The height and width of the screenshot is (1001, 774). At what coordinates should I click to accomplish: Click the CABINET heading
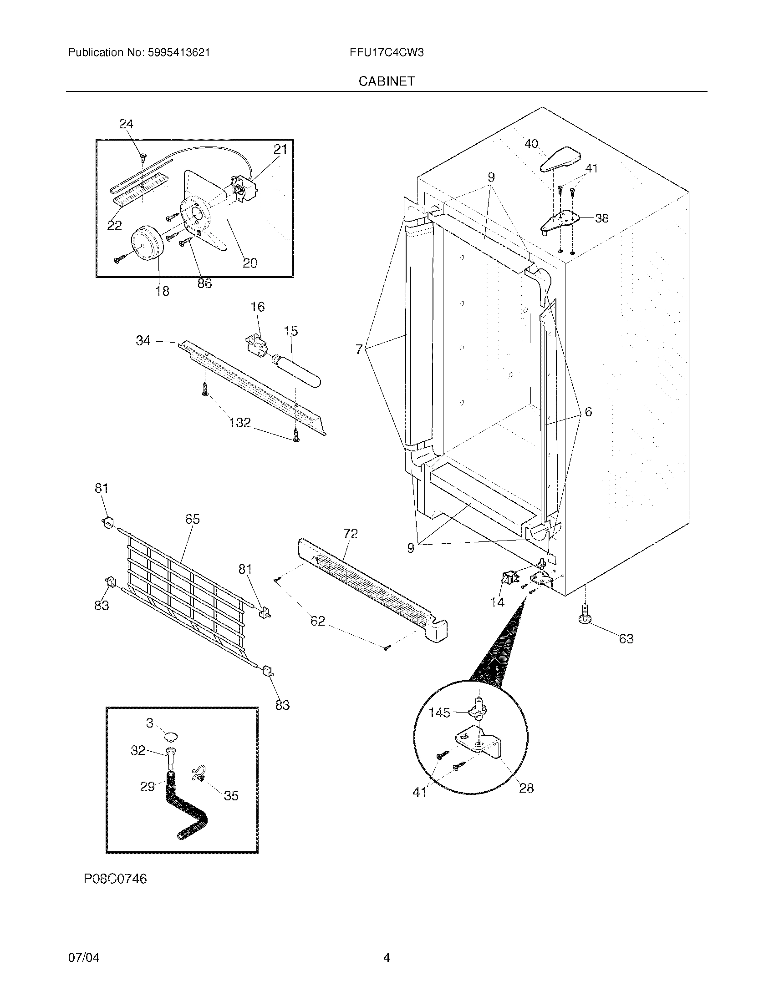click(386, 81)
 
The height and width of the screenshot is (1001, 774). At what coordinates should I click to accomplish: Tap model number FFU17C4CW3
click(386, 52)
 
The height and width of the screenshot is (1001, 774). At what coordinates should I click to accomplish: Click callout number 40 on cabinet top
click(531, 144)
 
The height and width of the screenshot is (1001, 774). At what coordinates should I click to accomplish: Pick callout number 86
click(204, 284)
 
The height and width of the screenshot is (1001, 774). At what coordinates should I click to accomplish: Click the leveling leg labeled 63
click(586, 614)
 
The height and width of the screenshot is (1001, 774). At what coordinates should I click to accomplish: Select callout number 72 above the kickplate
click(350, 534)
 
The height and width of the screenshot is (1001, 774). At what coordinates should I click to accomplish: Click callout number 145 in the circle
click(439, 712)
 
